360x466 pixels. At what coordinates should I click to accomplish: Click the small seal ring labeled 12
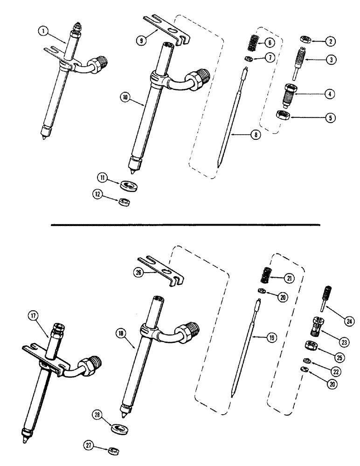[124, 202]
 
